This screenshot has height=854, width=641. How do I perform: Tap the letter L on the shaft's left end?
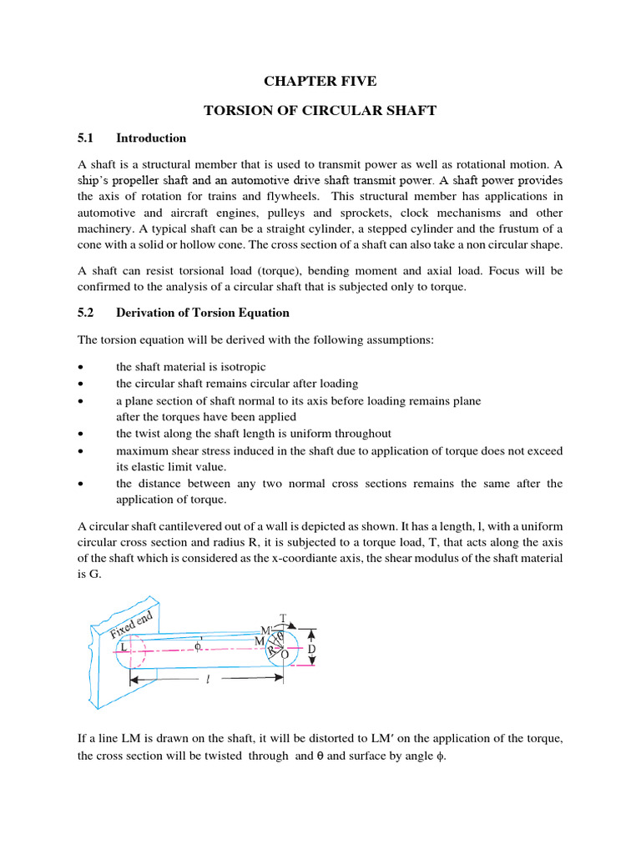(124, 646)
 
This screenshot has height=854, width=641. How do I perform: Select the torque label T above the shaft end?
(283, 618)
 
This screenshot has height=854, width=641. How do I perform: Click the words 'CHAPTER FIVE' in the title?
(320, 81)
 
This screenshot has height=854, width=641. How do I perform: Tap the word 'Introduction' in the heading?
(151, 138)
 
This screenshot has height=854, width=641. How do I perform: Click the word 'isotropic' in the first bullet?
(240, 366)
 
